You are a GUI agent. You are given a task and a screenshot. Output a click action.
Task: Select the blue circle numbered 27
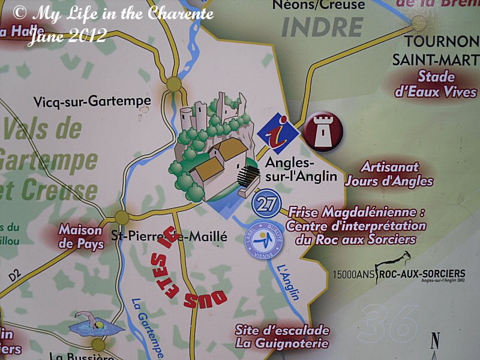point(265,204)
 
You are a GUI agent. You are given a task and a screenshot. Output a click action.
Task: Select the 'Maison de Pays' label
point(81,236)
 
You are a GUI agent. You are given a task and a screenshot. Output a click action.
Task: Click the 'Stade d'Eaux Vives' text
point(436,84)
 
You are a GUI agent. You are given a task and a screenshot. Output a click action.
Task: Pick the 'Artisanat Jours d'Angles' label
point(397,174)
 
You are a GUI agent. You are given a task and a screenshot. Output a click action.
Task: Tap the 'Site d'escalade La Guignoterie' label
point(282,337)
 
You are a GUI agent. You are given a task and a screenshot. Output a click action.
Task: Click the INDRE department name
point(322,27)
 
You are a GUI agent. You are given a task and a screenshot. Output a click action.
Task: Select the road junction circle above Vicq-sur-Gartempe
point(175,83)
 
